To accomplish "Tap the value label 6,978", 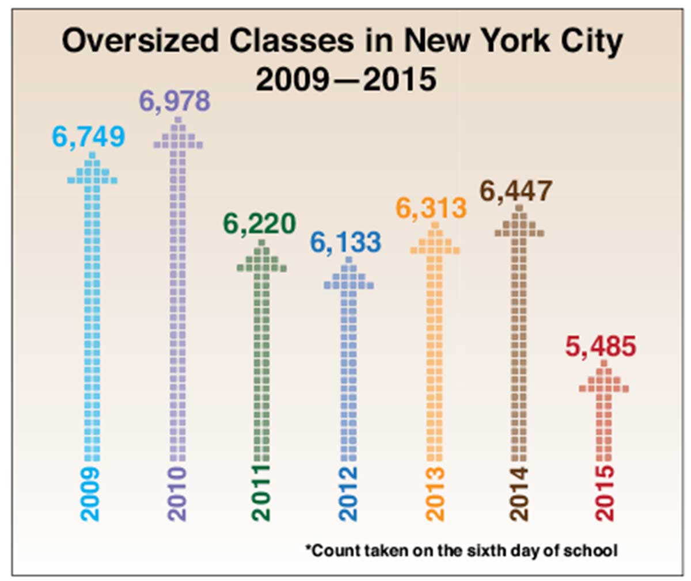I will tap(175, 101).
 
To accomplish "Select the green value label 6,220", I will tap(260, 224).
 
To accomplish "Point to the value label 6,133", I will tap(345, 242).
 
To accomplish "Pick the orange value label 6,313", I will tap(431, 208).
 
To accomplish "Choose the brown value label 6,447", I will tap(517, 192).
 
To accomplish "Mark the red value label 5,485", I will tap(601, 347).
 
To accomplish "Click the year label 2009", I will tap(90, 494).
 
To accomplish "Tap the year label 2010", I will tap(177, 494).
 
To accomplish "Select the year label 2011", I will tap(261, 494).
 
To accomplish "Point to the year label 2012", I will tap(348, 494).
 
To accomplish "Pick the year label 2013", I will tap(435, 494).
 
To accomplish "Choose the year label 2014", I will tap(519, 494).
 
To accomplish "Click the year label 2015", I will tap(605, 494).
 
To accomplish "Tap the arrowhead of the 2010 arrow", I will tap(178, 135).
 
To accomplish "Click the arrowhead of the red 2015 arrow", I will tap(604, 379).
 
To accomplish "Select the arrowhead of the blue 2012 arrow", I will tap(348, 275).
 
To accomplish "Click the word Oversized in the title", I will tap(141, 41).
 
